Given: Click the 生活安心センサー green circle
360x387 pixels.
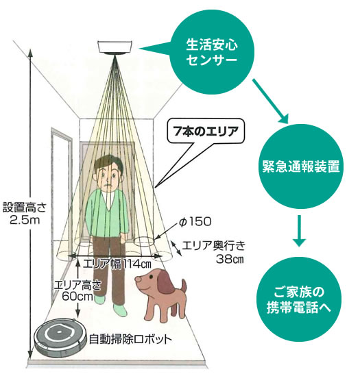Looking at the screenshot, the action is click(212, 52).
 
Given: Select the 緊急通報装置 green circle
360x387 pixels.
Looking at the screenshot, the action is click(300, 166).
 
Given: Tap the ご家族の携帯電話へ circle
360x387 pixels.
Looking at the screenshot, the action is click(298, 299).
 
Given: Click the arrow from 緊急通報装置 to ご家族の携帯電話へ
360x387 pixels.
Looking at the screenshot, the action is click(299, 231).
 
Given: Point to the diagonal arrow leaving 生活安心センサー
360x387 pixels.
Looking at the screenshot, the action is click(270, 101).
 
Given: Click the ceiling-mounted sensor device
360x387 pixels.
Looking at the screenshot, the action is click(115, 47).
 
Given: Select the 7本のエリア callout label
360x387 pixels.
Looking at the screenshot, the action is click(206, 132).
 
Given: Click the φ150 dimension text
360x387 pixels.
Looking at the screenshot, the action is click(195, 221).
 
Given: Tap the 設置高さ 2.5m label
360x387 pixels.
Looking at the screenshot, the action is click(25, 214).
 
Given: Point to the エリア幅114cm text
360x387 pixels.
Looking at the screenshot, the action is click(117, 264).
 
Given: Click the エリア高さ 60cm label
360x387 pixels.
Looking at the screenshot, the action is click(77, 290).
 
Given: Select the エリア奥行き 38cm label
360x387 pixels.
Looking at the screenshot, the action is click(213, 252).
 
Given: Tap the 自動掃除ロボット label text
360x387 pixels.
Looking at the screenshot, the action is click(130, 339).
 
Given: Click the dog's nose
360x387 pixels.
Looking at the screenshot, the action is click(138, 279).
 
